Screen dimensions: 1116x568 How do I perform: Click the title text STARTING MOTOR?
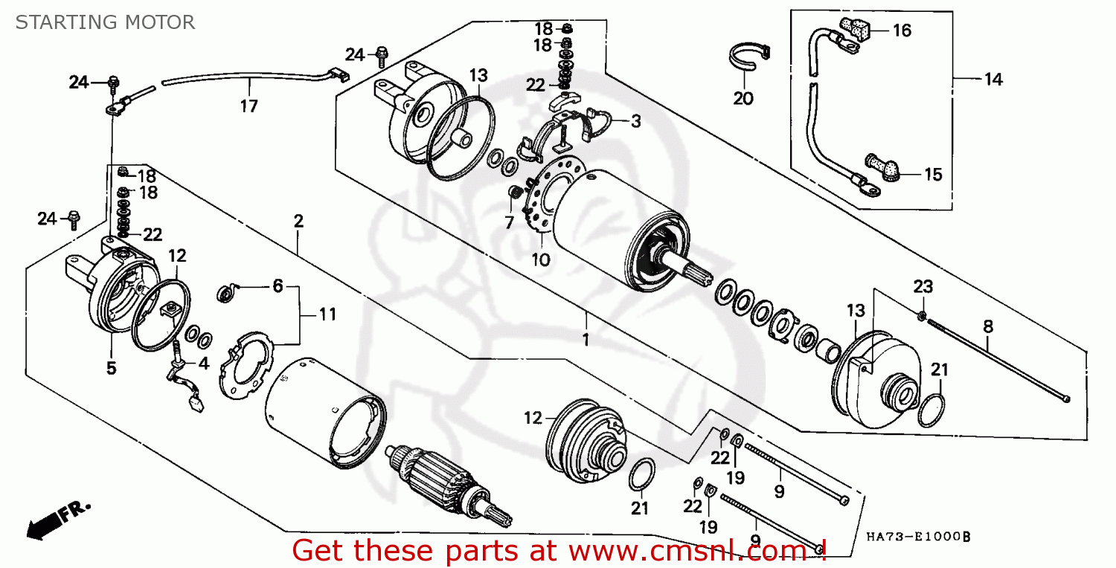click(x=105, y=22)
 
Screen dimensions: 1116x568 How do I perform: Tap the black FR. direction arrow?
click(x=59, y=520)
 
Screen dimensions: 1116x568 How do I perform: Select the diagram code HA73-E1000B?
click(x=918, y=537)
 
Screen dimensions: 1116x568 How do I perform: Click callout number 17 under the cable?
click(x=248, y=106)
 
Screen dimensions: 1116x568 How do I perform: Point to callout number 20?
click(x=743, y=99)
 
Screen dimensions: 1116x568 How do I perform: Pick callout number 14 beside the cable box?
click(x=993, y=80)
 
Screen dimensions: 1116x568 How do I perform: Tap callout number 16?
click(x=902, y=31)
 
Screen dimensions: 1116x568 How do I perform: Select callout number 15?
click(x=933, y=175)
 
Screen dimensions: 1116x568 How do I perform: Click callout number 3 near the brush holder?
click(x=635, y=121)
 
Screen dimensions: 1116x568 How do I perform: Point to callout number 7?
click(x=509, y=222)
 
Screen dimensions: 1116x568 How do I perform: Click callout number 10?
click(x=541, y=259)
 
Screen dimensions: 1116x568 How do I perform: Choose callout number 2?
click(x=298, y=221)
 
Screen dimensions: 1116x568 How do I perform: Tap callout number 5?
click(x=111, y=368)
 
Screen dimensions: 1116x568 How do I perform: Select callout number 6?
click(x=278, y=286)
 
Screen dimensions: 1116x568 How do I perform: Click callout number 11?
click(x=327, y=314)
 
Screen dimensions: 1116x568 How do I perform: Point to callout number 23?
click(x=923, y=287)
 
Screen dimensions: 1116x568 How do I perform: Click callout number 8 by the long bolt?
click(x=988, y=326)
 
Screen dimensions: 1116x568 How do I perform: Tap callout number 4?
click(x=203, y=364)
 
